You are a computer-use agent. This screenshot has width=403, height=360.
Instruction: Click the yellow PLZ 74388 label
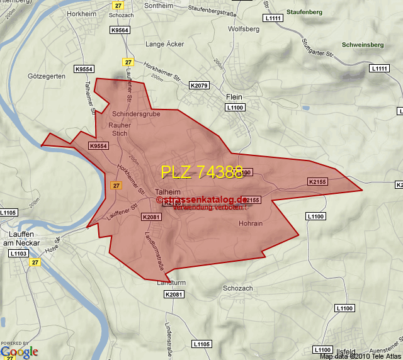[x=201, y=172]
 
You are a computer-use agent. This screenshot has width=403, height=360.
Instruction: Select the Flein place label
[x=234, y=98]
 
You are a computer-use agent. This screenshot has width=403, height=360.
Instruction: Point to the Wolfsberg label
[x=244, y=29]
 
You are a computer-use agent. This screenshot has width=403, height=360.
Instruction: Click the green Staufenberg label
[x=305, y=12]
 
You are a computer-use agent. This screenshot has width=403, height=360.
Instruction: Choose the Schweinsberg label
[x=363, y=45]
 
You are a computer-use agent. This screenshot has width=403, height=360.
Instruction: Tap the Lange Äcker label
[x=165, y=44]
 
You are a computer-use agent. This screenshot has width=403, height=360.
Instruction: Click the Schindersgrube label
[x=136, y=114]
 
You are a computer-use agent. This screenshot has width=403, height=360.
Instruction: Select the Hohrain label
[x=251, y=223]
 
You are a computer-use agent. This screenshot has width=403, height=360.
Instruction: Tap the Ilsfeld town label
[x=346, y=351]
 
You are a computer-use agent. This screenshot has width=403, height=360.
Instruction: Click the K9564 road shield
[x=120, y=30]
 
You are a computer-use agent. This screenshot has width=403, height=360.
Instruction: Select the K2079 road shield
[x=198, y=85]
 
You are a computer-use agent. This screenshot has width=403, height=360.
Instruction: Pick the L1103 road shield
[x=19, y=253]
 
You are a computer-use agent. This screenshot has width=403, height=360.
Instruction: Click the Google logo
[x=19, y=352]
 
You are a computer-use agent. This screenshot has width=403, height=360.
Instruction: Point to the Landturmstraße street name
[x=154, y=252]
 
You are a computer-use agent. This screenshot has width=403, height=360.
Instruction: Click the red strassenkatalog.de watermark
[x=202, y=199]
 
